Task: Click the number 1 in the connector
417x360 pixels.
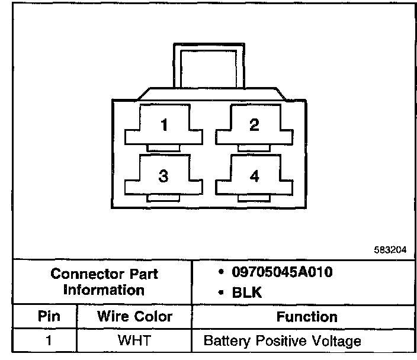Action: click(164, 125)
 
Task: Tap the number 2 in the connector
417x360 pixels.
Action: click(254, 125)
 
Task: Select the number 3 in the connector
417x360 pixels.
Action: click(164, 176)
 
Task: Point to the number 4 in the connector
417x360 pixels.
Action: click(255, 176)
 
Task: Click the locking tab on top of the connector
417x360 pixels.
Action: click(208, 65)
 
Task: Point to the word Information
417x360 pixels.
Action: click(104, 290)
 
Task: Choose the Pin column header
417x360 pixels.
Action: click(45, 317)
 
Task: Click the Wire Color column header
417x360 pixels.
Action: click(134, 317)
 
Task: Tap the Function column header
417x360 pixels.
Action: click(306, 317)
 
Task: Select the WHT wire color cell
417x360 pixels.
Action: click(134, 341)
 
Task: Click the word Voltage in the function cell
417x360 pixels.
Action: click(338, 342)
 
